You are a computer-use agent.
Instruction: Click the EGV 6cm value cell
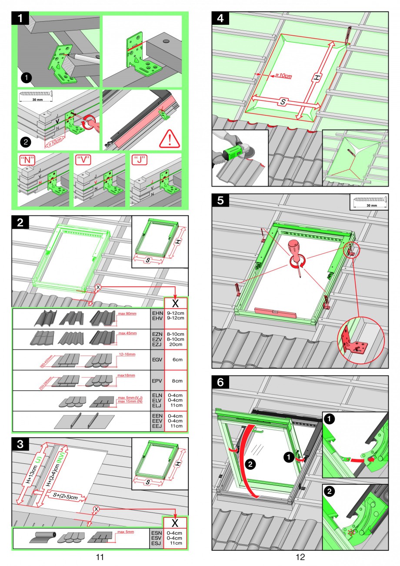pos(177,360)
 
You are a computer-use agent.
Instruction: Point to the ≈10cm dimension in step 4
pos(283,76)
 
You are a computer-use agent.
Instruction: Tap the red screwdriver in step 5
pos(296,255)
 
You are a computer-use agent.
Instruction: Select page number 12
pos(300,556)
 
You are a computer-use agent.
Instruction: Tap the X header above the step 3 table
pos(175,522)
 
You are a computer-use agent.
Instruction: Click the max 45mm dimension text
pos(127,333)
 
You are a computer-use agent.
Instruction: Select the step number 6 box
pos(220,382)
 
